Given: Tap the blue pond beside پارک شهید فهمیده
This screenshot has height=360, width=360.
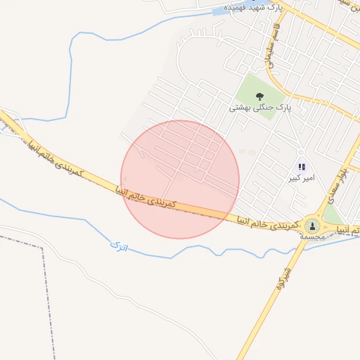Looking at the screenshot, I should (x=220, y=11).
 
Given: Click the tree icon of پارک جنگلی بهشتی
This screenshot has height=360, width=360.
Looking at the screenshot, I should (x=259, y=96).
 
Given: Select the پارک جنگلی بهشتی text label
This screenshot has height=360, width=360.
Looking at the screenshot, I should (x=259, y=108).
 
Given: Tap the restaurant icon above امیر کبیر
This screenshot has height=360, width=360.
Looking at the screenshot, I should (x=302, y=167).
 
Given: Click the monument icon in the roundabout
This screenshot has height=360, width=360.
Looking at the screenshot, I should (x=312, y=226).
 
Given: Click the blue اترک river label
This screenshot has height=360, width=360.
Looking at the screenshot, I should (x=120, y=246).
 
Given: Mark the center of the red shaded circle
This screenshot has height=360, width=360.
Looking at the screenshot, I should (x=180, y=179).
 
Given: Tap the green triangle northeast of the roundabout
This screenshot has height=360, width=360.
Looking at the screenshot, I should (x=334, y=214).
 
